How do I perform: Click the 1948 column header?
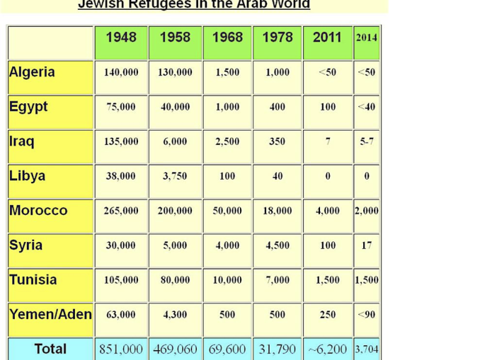(121, 38)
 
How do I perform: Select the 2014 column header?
(367, 38)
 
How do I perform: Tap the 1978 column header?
(278, 38)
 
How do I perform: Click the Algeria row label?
(32, 72)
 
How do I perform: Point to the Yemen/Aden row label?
(50, 315)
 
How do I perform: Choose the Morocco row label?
(38, 211)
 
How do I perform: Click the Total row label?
(50, 349)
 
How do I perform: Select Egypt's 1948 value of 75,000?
(121, 107)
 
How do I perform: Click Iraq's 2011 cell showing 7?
(328, 141)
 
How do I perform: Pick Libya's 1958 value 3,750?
(175, 176)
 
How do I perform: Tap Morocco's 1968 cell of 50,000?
(227, 211)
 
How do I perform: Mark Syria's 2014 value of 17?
(367, 245)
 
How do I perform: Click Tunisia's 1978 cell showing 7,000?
(278, 280)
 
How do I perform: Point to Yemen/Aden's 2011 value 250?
(328, 315)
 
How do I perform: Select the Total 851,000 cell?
(121, 349)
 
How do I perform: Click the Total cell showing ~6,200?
(328, 349)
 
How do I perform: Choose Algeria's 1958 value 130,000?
(175, 72)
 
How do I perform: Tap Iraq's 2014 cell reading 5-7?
(367, 141)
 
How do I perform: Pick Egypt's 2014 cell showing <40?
(367, 107)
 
